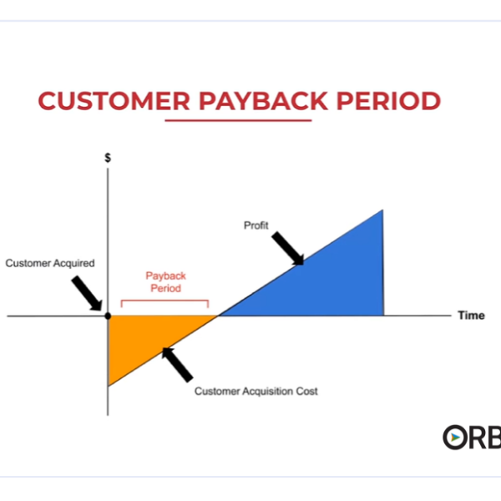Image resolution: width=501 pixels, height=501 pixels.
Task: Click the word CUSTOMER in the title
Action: pos(114,101)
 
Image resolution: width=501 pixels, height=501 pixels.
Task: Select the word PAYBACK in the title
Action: pos(263,101)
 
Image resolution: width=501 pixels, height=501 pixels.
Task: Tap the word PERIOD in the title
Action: pos(388,101)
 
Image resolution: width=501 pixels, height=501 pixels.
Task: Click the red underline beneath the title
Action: pos(238,120)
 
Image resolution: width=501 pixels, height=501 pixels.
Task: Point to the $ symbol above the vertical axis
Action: pos(108,158)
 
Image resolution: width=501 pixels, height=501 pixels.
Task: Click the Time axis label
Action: pos(471,316)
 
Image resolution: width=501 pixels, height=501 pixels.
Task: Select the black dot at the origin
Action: pos(108,316)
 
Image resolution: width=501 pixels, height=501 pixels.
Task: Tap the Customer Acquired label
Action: pos(50,263)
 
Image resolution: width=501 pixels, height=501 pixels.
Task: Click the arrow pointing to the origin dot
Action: pos(87,294)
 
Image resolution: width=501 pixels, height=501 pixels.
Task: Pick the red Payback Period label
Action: pos(165,282)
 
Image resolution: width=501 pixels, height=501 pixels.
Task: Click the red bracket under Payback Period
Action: pos(164,301)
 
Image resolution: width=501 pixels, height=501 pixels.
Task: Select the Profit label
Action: pos(256,225)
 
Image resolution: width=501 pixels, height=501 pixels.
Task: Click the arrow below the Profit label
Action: pos(287,249)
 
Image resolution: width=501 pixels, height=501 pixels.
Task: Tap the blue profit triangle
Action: pos(329,281)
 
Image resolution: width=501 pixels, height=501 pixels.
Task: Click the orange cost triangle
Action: pos(144,339)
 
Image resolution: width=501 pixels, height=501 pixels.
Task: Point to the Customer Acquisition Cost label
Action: pos(256,391)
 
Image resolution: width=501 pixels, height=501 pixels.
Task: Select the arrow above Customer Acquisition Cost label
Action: pos(177,365)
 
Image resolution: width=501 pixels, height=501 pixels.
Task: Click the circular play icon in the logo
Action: pos(455,437)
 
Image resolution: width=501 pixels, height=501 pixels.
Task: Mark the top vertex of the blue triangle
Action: pos(382,210)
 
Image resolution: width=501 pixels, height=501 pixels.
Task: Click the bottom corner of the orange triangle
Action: pos(109,386)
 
